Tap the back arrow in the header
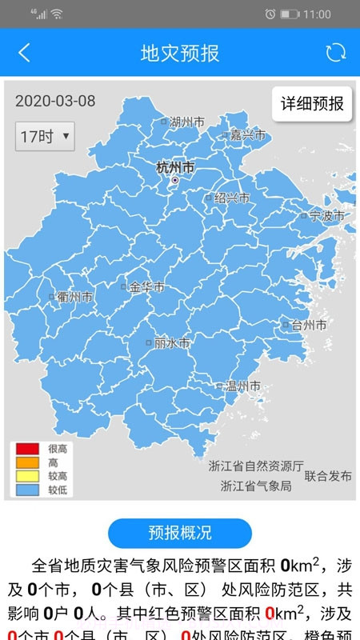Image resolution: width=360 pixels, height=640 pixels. point(24,53)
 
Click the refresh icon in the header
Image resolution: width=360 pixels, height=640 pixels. point(335,53)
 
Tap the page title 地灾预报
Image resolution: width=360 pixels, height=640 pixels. point(180,53)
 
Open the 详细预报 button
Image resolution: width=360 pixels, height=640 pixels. point(312,103)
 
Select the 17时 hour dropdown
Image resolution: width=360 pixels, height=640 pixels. point(45,136)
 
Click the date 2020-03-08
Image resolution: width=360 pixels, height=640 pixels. point(55,101)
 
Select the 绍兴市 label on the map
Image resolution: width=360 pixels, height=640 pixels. point(231,198)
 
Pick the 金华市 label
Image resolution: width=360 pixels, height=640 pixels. point(146,286)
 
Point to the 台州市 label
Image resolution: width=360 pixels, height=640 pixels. point(308,325)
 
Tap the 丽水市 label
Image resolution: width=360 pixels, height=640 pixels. point(171,342)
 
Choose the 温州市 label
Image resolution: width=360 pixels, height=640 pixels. point(242,386)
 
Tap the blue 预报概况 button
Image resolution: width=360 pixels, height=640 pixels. point(180,533)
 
